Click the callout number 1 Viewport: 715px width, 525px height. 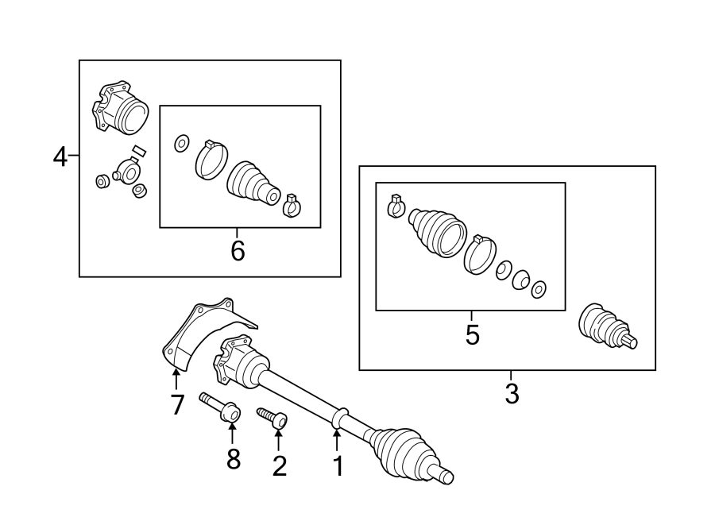point(338,466)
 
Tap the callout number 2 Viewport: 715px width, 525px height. point(279,465)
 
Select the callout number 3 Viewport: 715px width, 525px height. point(512,392)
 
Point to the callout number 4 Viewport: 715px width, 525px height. point(60,157)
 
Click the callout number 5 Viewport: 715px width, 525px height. point(472,335)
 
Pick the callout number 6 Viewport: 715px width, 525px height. point(238,251)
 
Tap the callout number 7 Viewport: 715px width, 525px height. point(177,404)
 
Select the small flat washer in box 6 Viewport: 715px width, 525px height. point(180,144)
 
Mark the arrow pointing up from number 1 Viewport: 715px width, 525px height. point(337,439)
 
